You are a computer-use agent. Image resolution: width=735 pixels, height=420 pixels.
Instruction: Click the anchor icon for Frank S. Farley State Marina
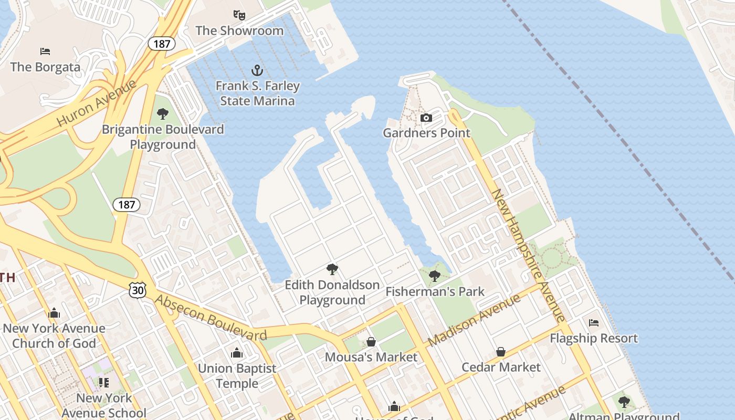[x=257, y=70]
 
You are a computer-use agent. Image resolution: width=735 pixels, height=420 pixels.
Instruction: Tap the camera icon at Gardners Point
[x=426, y=118]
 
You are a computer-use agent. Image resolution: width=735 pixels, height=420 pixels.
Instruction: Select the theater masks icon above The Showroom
[x=239, y=15]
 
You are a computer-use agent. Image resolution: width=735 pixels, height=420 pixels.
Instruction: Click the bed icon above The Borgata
[x=45, y=51]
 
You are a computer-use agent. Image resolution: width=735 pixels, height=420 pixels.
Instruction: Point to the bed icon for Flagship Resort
[x=594, y=322]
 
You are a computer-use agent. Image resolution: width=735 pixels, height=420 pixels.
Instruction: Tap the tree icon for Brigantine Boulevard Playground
[x=163, y=113]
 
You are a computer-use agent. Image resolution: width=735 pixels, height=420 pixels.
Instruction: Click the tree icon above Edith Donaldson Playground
[x=332, y=269]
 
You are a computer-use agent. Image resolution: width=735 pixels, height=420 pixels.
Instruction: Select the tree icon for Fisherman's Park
[x=435, y=276]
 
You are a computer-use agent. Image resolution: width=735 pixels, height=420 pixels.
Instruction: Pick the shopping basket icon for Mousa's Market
[x=371, y=342]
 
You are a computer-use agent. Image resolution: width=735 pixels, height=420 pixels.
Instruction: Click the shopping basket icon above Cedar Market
[x=501, y=351]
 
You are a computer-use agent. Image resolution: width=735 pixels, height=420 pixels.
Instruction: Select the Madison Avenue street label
[x=474, y=320]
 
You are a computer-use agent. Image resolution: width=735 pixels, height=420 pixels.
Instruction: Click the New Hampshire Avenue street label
[x=528, y=255]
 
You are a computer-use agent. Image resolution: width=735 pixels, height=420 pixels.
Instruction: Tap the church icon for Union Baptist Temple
[x=237, y=353]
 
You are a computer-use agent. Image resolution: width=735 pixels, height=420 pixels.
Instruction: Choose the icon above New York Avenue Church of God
[x=54, y=313]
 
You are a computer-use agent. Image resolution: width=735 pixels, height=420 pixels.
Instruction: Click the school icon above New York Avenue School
[x=104, y=382]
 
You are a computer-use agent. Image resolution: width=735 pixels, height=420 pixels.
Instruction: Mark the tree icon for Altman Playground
[x=624, y=402]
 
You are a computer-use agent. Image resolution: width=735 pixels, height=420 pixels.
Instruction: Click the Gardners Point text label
[x=426, y=133]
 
